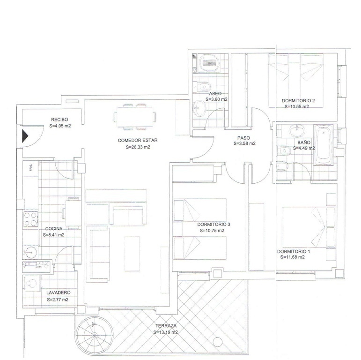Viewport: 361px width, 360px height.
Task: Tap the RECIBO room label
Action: click(60, 119)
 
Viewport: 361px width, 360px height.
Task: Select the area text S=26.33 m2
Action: click(138, 147)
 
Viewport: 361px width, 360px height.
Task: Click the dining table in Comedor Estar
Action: click(135, 117)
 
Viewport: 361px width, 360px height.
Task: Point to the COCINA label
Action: click(54, 229)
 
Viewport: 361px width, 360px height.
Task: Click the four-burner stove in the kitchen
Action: click(30, 219)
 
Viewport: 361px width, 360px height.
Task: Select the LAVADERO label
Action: click(58, 293)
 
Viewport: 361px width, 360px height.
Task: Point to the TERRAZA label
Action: click(165, 326)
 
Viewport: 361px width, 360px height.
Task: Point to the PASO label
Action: click(243, 138)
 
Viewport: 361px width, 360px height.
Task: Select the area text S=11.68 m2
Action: click(293, 257)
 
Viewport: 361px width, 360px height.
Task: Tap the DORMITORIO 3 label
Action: click(214, 224)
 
